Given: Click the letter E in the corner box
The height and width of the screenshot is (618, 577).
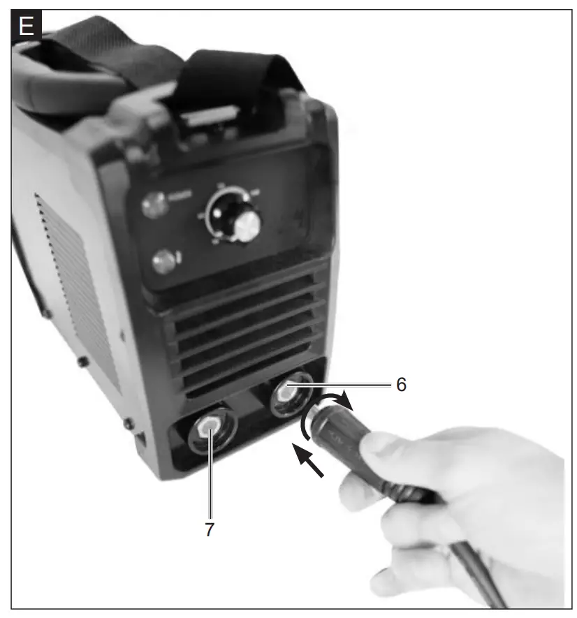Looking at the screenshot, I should click(27, 27).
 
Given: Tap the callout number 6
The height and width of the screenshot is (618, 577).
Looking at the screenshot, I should click(401, 385).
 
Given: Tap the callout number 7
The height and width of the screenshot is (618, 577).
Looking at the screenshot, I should click(209, 529).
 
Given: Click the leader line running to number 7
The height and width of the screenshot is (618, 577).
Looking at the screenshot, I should click(210, 482).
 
